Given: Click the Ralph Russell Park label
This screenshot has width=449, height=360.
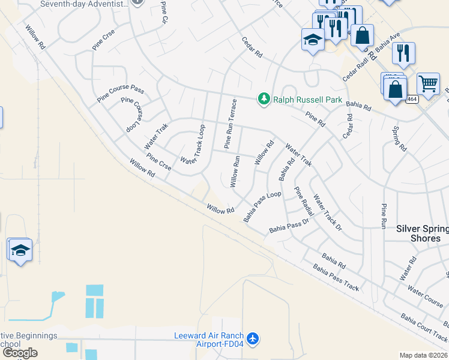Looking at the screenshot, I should click(x=307, y=100).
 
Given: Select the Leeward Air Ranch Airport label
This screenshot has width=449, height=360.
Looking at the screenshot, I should click(x=208, y=340).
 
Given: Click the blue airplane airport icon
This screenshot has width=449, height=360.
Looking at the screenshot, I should click(x=253, y=340).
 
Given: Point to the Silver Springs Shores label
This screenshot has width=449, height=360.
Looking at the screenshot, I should click(x=423, y=233).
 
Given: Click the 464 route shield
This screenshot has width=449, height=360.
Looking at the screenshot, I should click(x=411, y=99).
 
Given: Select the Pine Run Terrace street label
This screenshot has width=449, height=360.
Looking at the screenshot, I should click(x=231, y=124).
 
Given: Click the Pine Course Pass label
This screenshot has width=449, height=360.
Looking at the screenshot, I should click(x=121, y=91).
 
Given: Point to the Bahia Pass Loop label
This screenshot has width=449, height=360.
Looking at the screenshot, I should click(x=262, y=207).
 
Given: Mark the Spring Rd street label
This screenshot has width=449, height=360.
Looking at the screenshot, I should click(x=399, y=139).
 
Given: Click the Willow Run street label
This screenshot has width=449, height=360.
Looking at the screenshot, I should click(x=236, y=172).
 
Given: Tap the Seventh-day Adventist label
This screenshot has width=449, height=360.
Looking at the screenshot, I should click(x=84, y=4).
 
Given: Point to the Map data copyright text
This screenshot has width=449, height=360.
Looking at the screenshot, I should click(x=423, y=355).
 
